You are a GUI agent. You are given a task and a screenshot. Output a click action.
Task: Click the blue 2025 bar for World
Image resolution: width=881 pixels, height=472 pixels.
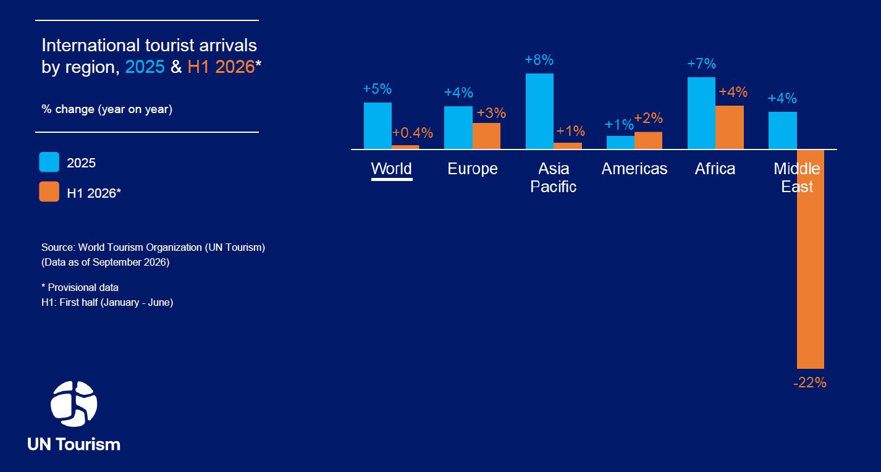[x=377, y=126]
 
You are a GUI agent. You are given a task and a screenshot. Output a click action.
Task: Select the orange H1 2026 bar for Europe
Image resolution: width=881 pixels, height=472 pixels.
[x=486, y=136]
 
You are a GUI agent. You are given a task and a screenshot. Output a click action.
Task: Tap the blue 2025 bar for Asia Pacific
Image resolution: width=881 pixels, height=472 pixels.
[x=539, y=111]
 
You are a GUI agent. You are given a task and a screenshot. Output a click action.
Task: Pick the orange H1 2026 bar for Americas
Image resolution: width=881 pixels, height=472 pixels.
[x=648, y=140]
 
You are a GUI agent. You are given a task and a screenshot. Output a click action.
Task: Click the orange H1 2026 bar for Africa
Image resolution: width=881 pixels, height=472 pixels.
[x=730, y=127]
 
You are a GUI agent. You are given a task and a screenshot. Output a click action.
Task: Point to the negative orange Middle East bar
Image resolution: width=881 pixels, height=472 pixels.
[x=811, y=259]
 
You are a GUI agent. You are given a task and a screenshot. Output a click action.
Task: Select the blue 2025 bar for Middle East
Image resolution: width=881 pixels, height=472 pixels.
[x=783, y=130]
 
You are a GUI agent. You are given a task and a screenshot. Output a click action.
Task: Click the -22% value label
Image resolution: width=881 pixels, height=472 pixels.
[x=810, y=382]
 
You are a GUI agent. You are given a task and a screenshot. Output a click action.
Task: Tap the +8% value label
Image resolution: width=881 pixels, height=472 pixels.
[x=539, y=60]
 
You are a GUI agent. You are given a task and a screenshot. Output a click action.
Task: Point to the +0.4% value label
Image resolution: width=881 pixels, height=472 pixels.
[x=413, y=133]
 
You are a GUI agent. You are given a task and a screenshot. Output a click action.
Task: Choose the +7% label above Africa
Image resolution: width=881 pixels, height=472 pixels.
[x=702, y=64]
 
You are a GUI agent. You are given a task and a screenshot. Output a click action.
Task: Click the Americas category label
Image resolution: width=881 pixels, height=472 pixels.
[x=634, y=169]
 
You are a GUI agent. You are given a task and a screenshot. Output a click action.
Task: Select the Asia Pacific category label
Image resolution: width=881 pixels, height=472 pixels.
[x=554, y=177]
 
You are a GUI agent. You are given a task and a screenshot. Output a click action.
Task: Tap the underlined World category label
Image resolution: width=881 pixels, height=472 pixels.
[x=391, y=169]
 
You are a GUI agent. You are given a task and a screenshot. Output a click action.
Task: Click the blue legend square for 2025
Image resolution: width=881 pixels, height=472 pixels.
[x=49, y=162]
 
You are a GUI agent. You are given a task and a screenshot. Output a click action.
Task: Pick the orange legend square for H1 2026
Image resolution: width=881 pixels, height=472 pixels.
[x=49, y=192]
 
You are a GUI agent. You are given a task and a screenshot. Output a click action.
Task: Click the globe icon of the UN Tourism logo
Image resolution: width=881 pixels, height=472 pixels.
[x=74, y=404]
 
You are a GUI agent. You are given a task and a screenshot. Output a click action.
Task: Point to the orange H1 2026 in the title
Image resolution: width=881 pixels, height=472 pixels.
[x=221, y=67]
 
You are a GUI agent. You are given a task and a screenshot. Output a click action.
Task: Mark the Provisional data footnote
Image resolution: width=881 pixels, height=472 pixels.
[x=80, y=287]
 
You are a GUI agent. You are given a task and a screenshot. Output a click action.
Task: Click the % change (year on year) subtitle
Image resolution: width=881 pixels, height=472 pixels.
[x=107, y=109]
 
